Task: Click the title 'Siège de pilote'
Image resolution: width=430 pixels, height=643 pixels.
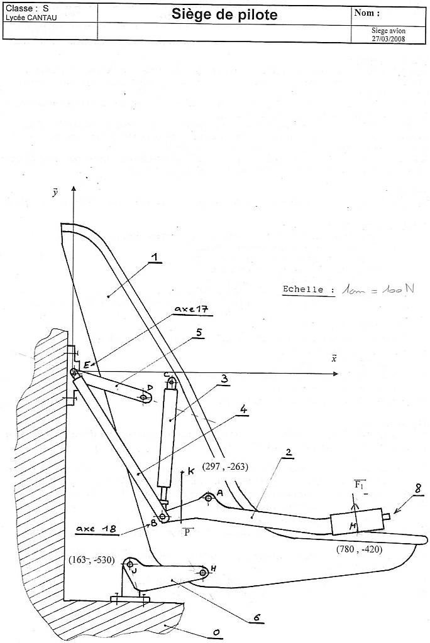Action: click(225, 15)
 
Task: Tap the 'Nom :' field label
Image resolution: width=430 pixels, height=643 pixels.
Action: click(367, 13)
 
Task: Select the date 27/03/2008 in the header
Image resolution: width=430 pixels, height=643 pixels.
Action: click(389, 38)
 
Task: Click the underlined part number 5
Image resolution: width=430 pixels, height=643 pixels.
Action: click(199, 333)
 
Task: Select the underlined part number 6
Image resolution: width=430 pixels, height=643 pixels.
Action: click(256, 617)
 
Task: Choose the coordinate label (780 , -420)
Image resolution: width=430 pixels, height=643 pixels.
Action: click(359, 548)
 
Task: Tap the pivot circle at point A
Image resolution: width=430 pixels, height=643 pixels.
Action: click(209, 499)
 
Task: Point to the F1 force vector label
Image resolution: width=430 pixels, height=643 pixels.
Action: click(360, 484)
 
